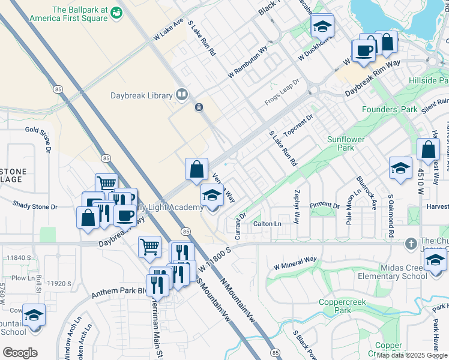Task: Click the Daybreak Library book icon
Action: click(x=181, y=95)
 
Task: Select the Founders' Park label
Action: click(x=389, y=110)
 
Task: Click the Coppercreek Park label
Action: click(x=334, y=307)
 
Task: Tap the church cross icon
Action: click(x=410, y=244)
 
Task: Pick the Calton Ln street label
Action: click(x=267, y=224)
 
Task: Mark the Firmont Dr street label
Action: click(x=325, y=206)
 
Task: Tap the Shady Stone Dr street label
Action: click(x=35, y=206)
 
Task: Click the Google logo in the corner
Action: click(x=20, y=353)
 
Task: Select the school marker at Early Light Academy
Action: click(x=211, y=196)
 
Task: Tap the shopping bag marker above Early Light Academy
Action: click(x=196, y=170)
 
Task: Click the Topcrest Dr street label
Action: click(x=299, y=125)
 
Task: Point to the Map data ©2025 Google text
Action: click(x=412, y=355)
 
